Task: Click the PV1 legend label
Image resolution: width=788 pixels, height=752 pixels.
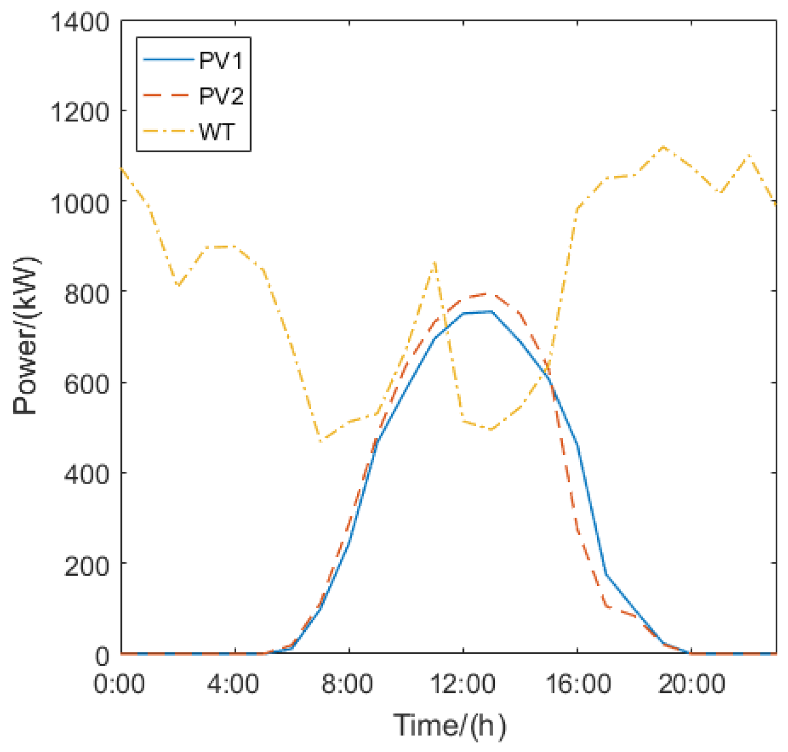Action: (x=221, y=61)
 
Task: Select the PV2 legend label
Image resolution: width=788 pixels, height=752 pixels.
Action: (x=221, y=96)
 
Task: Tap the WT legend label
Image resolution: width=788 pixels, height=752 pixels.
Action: (x=217, y=132)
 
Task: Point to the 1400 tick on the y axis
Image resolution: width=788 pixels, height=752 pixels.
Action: (x=79, y=22)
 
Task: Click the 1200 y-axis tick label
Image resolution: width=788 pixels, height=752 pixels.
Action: (x=79, y=112)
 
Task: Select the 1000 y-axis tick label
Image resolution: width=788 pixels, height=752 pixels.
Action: (x=79, y=202)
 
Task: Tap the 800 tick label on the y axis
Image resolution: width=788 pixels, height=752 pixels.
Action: (x=86, y=293)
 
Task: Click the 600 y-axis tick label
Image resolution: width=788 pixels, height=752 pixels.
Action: (x=86, y=383)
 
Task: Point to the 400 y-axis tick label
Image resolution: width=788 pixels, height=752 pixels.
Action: (x=86, y=473)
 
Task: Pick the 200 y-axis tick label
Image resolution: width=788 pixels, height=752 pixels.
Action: (x=86, y=565)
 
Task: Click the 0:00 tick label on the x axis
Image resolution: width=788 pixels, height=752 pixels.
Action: (x=119, y=683)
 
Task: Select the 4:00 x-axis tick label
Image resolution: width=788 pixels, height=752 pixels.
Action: (x=233, y=683)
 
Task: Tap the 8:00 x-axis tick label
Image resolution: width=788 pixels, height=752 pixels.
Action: (x=347, y=683)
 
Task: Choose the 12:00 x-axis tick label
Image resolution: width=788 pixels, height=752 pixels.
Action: (x=462, y=683)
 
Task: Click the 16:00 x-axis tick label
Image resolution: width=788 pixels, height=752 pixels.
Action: (x=577, y=683)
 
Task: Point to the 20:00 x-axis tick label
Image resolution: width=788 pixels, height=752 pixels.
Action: (x=692, y=683)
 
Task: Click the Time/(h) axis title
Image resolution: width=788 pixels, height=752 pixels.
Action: (x=450, y=725)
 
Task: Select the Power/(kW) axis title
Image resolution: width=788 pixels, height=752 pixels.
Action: (x=26, y=336)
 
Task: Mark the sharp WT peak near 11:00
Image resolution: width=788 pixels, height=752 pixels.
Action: (x=435, y=262)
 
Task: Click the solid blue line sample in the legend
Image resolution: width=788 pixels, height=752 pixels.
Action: (x=168, y=60)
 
